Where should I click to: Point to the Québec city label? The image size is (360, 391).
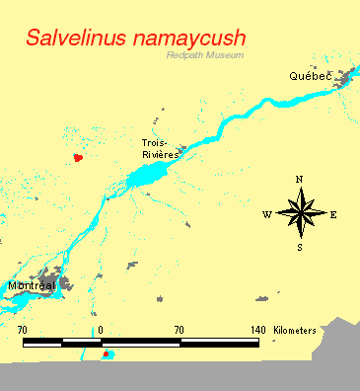tap(307, 76)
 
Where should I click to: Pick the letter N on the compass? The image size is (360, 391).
tap(300, 179)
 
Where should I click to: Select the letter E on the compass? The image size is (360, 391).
tap(333, 214)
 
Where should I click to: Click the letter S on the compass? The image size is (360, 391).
tap(300, 247)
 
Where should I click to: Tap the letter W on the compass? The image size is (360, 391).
tap(267, 214)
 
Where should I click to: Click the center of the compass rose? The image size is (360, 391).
tap(300, 212)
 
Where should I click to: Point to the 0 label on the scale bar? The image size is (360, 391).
tap(100, 329)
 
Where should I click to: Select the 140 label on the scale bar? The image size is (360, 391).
tap(257, 329)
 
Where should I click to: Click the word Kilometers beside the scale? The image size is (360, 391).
tap(295, 329)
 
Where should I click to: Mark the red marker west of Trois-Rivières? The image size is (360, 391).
tap(79, 156)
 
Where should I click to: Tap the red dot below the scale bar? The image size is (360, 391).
tap(106, 353)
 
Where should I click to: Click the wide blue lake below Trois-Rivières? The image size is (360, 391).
tap(146, 178)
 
